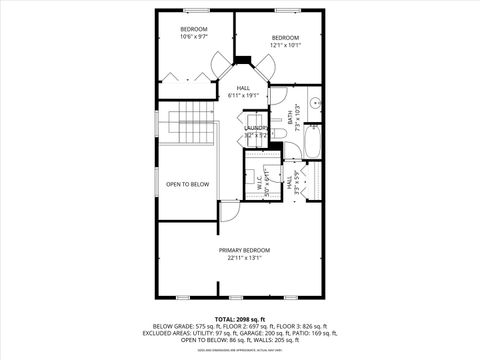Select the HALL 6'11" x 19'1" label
coord(243,92)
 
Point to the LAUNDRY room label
coord(255,130)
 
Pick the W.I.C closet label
coord(260,181)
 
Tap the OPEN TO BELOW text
coord(187,184)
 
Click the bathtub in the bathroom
coord(312,142)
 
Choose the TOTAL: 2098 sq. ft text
coord(244,317)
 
